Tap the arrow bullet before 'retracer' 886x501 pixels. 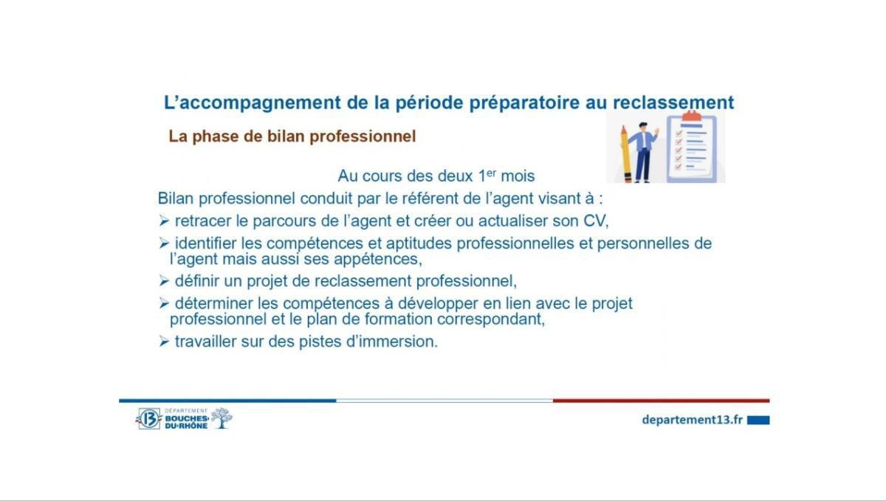coord(164,221)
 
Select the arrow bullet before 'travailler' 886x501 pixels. coord(164,342)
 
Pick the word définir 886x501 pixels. coord(197,281)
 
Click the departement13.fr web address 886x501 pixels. coord(692,419)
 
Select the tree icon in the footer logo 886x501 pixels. coord(221,418)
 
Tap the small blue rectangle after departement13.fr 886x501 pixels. coord(758,420)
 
